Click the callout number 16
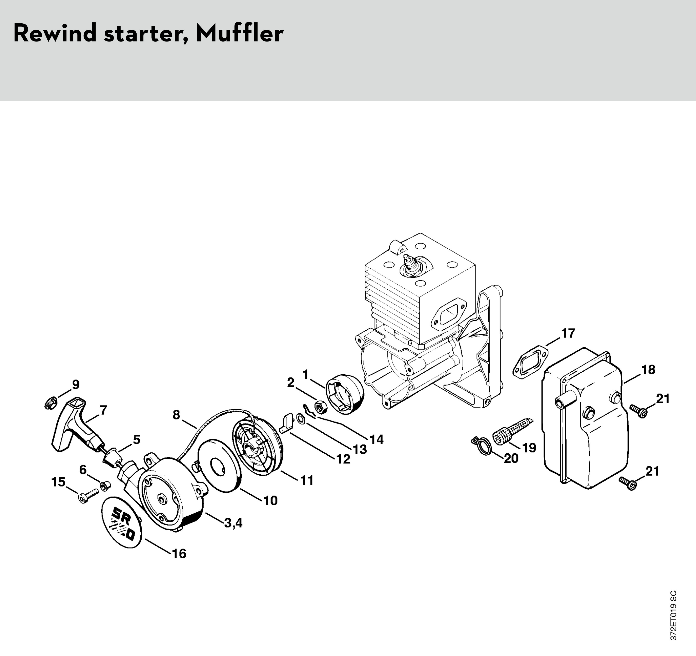click(x=179, y=554)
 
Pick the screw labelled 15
click(x=89, y=495)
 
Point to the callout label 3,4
click(x=233, y=523)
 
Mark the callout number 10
click(x=271, y=501)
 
